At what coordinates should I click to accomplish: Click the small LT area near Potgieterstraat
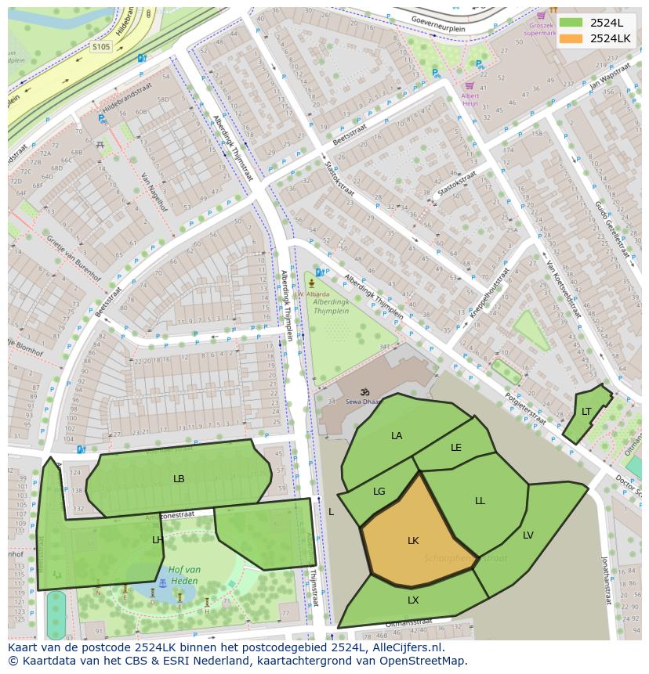(x=586, y=413)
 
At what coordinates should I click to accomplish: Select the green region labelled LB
(x=179, y=479)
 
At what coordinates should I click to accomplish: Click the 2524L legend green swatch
(x=571, y=23)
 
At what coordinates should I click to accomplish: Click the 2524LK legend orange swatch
(x=571, y=38)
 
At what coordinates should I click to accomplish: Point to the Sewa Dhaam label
(x=361, y=402)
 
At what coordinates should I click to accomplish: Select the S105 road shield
(x=100, y=47)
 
